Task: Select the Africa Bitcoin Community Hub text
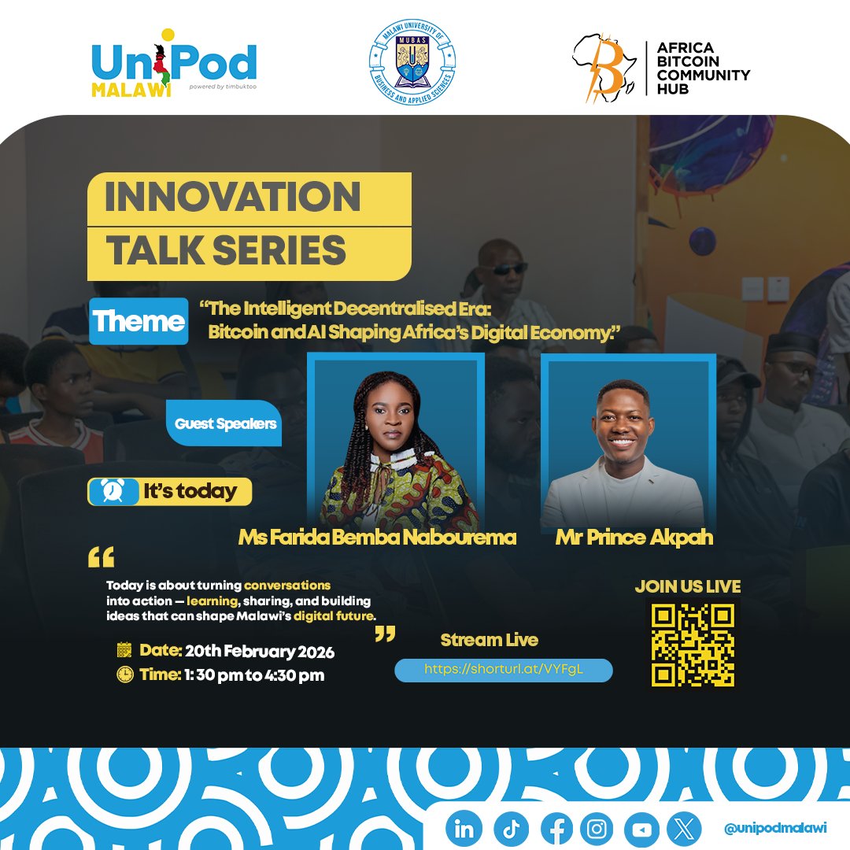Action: point(703,68)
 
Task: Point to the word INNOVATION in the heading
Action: point(232,197)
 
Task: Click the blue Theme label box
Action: point(139,321)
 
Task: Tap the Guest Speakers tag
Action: point(225,423)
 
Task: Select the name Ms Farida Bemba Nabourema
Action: point(377,538)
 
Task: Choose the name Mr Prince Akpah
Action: point(634,538)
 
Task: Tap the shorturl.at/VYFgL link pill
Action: point(504,670)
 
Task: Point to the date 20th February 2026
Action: point(236,651)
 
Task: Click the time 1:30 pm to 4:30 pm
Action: point(231,674)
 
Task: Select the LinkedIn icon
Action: point(464,829)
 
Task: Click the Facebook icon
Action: point(556,829)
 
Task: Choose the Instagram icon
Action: point(597,829)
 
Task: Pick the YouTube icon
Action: point(641,829)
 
